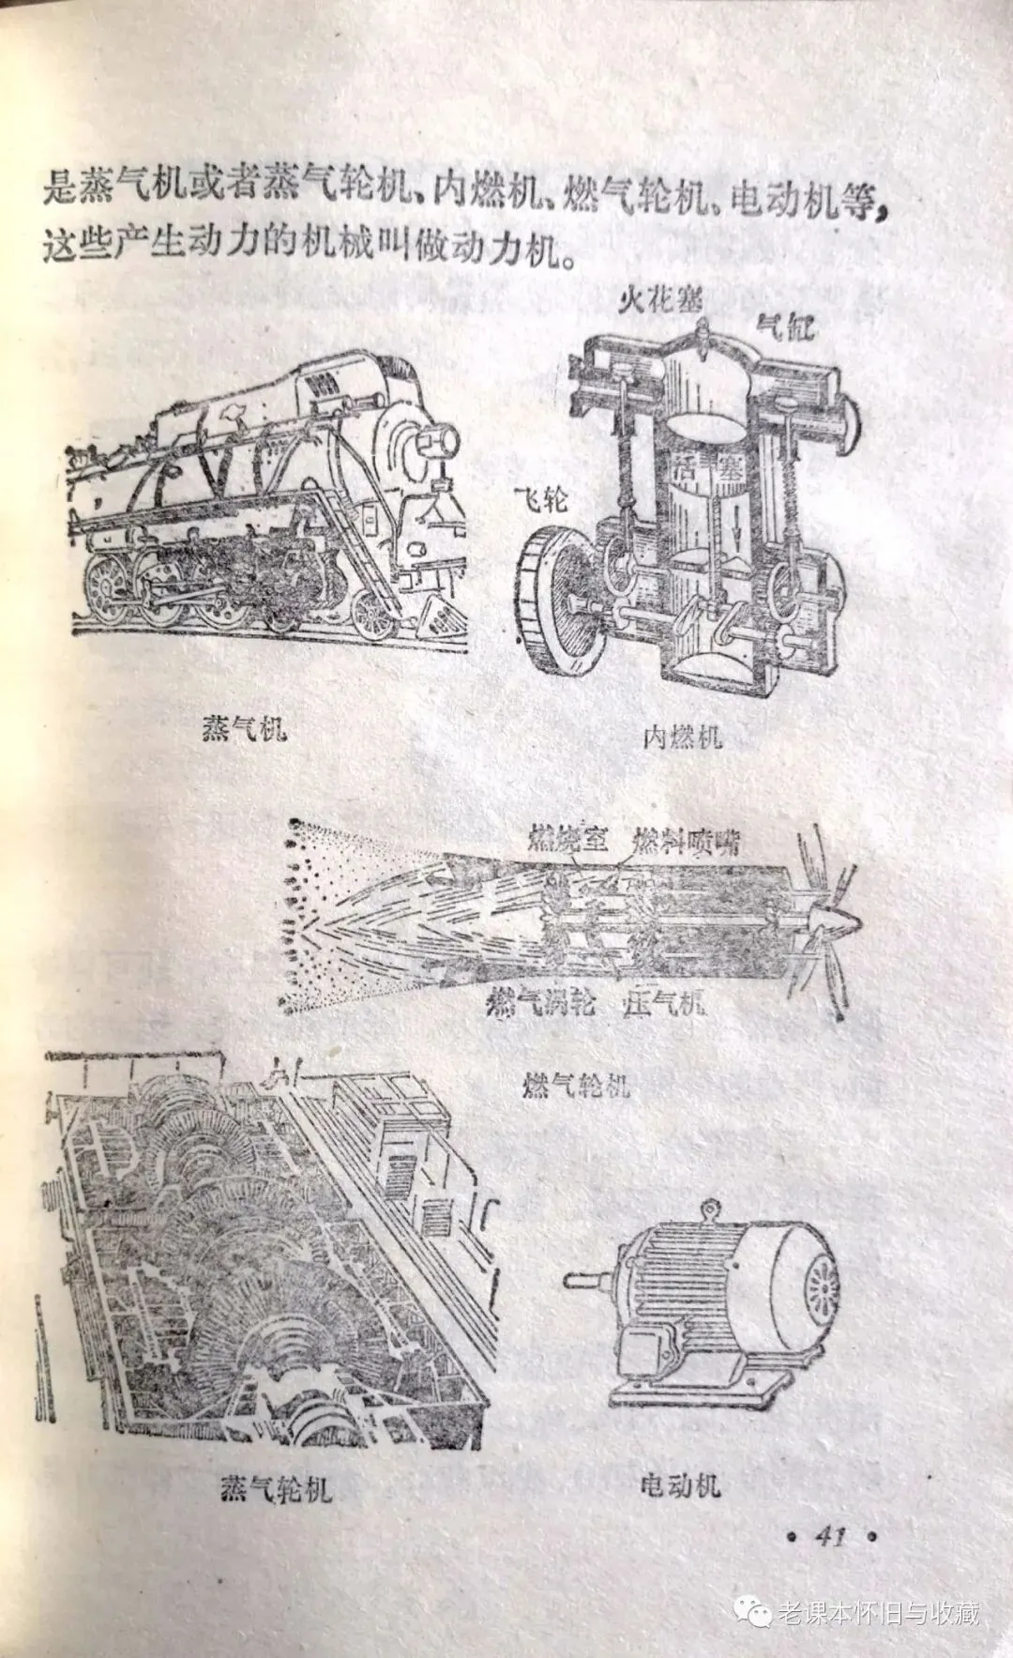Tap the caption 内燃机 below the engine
[683, 737]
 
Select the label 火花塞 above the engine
[659, 301]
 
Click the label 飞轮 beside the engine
[540, 499]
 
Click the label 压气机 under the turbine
[663, 1006]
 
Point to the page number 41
[829, 1537]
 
